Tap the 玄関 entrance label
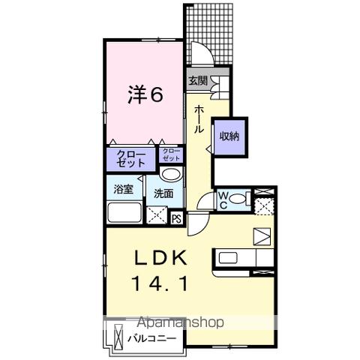pos(198,81)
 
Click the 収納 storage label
pos(229,136)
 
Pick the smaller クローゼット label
pos(171,156)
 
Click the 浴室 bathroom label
pos(123,189)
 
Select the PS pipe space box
pos(176,219)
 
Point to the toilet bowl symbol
pos(238,199)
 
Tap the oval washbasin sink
pos(171,175)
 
